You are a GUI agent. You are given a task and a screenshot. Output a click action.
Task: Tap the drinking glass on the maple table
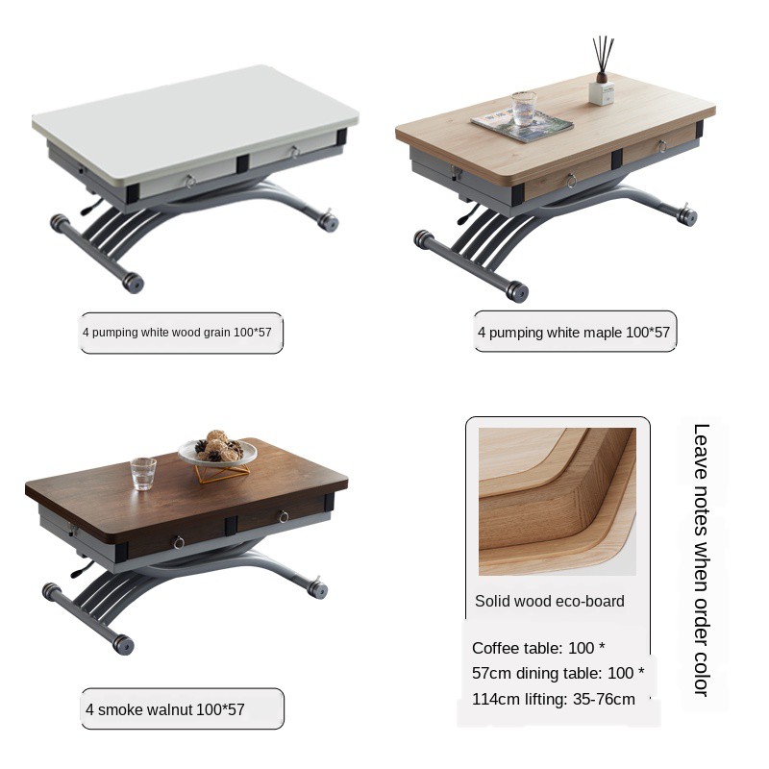[523, 108]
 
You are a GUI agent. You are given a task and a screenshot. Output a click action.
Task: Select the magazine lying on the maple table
[522, 125]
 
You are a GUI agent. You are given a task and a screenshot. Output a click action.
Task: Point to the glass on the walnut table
[143, 474]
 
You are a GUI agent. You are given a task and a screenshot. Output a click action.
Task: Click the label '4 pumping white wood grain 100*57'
[177, 333]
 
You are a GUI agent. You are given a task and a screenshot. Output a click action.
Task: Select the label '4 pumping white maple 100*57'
[574, 333]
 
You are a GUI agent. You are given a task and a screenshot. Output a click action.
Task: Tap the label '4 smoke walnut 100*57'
[164, 709]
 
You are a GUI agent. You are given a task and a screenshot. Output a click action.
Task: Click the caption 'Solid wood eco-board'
[549, 602]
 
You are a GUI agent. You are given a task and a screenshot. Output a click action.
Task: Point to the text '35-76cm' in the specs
[604, 699]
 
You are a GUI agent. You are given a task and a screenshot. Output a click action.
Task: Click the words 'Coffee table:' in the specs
[517, 648]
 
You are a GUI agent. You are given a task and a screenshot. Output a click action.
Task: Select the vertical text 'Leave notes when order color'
[702, 560]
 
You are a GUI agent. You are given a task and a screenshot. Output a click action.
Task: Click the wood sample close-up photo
[558, 501]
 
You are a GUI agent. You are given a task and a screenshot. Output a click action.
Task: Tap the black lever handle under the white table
[91, 208]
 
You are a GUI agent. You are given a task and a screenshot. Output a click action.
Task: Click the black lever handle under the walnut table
[82, 570]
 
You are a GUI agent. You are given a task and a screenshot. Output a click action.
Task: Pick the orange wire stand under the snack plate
[222, 473]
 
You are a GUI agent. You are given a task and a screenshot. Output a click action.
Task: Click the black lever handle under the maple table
[467, 214]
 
